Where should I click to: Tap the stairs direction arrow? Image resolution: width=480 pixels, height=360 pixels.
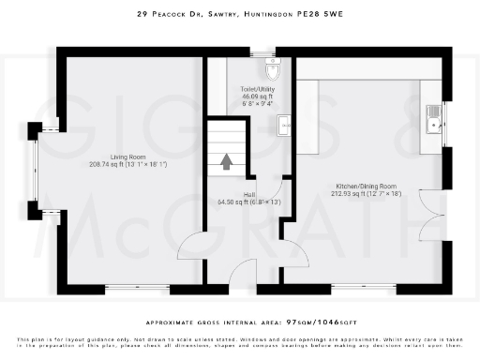pyautogui.click(x=226, y=161)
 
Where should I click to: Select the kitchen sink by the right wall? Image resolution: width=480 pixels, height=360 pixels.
pyautogui.click(x=434, y=116)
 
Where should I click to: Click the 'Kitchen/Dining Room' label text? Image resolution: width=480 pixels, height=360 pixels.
pyautogui.click(x=367, y=187)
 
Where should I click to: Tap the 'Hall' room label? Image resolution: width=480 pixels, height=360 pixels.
pyautogui.click(x=250, y=194)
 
